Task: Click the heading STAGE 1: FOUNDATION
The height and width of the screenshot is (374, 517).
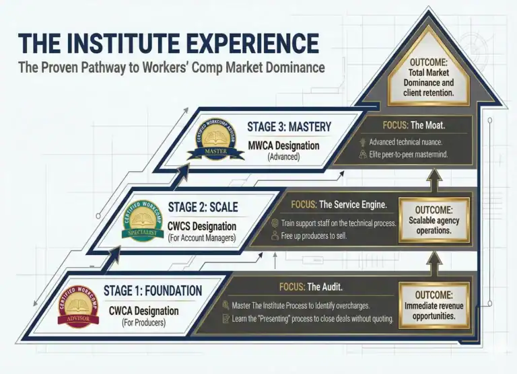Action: point(153,291)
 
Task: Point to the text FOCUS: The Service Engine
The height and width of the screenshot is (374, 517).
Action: point(339,204)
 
